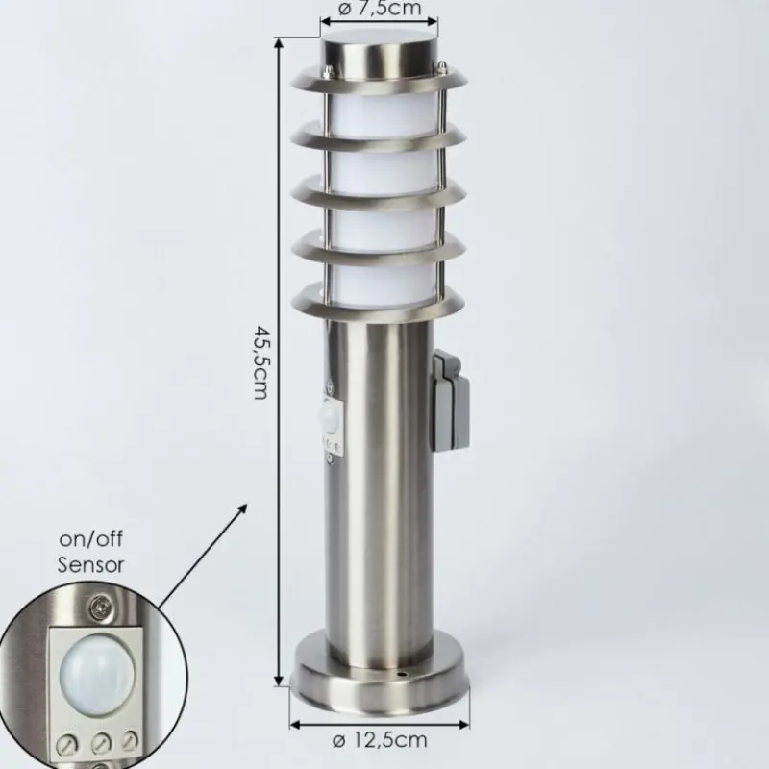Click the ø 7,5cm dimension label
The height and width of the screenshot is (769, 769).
380,9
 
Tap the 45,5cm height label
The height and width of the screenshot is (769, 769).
261,362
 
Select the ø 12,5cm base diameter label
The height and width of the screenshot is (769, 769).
380,740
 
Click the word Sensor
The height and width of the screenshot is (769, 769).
90,565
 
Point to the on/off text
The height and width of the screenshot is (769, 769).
90,539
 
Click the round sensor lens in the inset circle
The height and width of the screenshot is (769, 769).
97,677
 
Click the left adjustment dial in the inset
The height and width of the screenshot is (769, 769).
67,745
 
